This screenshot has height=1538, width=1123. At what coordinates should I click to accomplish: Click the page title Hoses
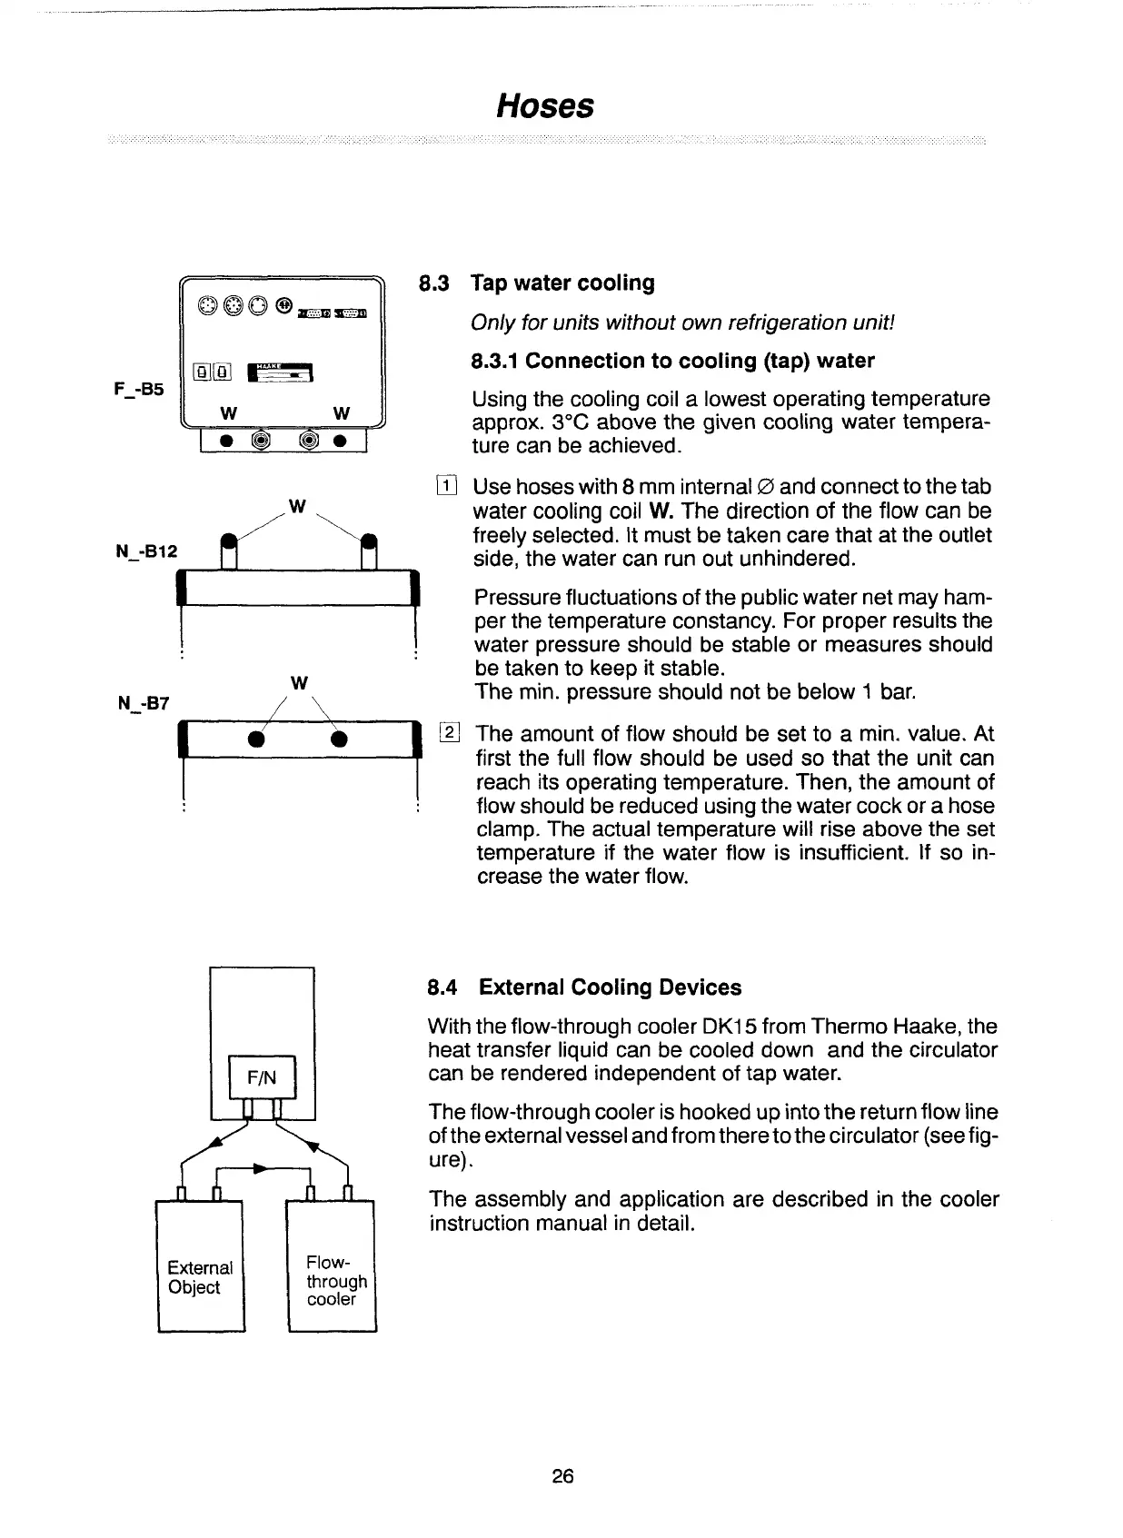[545, 106]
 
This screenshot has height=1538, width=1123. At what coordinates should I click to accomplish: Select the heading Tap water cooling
[562, 283]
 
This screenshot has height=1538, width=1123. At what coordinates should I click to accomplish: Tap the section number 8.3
[433, 283]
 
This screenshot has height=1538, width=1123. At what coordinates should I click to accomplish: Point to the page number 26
[562, 1476]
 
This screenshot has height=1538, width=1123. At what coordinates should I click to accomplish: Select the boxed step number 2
[450, 732]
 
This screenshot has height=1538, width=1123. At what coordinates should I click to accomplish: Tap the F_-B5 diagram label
[139, 389]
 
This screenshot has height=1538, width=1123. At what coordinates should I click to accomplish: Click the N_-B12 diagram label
[148, 551]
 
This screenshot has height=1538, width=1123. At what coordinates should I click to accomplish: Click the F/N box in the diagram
[262, 1077]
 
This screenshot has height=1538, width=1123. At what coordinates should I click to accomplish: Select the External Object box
[200, 1277]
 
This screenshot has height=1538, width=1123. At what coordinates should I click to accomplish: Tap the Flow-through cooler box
[333, 1281]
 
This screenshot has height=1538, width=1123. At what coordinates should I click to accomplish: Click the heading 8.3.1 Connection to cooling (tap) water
[672, 361]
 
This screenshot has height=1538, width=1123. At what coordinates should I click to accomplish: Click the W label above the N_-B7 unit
[299, 681]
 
